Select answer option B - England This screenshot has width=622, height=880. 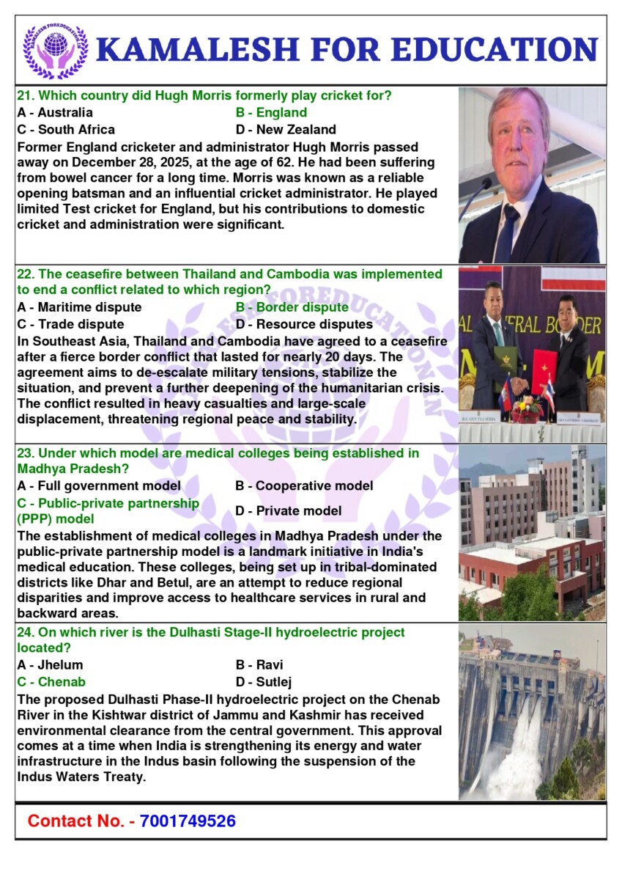[271, 113]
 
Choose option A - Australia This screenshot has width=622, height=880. [55, 113]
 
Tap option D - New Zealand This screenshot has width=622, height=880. [286, 130]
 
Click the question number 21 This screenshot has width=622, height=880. [26, 95]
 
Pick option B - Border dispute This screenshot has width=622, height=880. [292, 307]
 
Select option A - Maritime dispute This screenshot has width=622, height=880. [79, 307]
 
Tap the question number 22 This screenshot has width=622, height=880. [26, 274]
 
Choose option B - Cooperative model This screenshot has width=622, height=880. [304, 485]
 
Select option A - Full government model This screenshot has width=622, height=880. [99, 485]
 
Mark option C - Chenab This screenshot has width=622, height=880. [51, 682]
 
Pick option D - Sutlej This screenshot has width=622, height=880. [264, 682]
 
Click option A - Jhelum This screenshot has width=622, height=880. [50, 665]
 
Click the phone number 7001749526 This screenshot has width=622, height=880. [188, 821]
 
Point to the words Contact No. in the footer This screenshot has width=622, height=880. [77, 821]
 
